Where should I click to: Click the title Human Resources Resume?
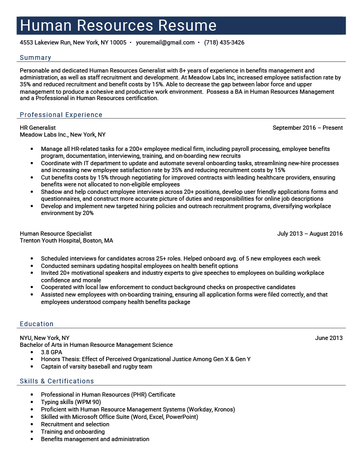tap(118, 25)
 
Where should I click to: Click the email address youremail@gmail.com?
tap(165, 42)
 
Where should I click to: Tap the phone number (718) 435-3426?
tap(224, 42)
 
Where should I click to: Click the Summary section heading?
tap(35, 58)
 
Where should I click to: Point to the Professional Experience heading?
tap(61, 115)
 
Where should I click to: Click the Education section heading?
tap(37, 324)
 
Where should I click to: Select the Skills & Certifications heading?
tap(57, 381)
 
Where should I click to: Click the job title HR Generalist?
tap(38, 128)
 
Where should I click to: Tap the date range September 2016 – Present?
tap(307, 128)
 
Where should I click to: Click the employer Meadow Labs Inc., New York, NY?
tap(62, 135)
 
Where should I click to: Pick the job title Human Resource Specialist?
tap(56, 234)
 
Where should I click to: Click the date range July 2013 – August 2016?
tap(310, 234)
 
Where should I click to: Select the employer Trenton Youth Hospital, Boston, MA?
tap(66, 240)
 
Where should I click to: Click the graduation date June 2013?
tap(328, 338)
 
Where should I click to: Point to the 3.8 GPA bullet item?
tap(51, 352)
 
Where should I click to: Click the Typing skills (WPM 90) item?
tap(70, 402)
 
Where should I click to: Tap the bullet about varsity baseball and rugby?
tap(96, 366)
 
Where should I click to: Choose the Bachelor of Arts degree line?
tap(96, 345)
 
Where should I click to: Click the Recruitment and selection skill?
tap(75, 424)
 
